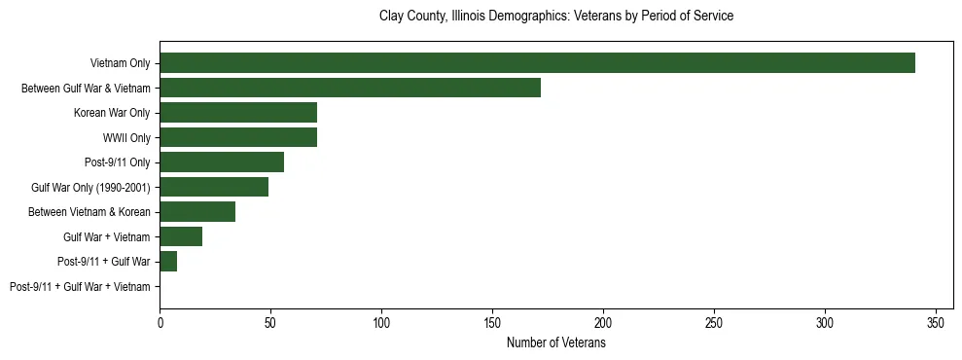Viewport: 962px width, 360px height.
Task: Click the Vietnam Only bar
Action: click(x=537, y=63)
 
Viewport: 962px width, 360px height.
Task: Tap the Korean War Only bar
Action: click(x=238, y=113)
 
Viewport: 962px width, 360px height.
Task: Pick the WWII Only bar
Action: click(x=238, y=137)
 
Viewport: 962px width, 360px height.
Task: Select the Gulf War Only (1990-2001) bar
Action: click(x=214, y=187)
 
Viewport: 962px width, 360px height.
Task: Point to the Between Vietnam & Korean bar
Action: click(x=197, y=212)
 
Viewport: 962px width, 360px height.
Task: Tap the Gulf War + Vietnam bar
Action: click(x=181, y=236)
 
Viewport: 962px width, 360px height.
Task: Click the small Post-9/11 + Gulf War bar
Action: click(x=168, y=262)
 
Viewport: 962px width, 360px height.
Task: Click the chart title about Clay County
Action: click(x=555, y=17)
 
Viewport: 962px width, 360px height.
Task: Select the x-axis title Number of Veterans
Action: click(x=555, y=342)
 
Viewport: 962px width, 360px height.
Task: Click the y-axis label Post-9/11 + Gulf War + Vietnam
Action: click(x=80, y=287)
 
